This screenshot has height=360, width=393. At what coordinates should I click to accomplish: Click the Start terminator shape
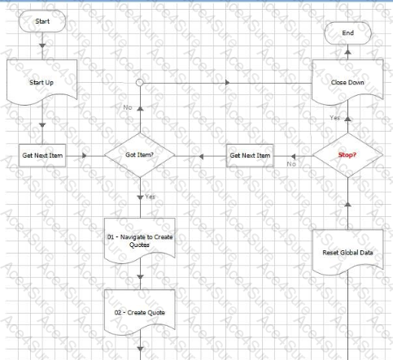(x=42, y=21)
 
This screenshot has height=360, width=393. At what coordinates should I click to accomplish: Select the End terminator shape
(x=347, y=33)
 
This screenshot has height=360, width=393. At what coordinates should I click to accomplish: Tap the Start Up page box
(x=42, y=82)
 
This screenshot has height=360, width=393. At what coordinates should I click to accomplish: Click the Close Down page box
(x=347, y=82)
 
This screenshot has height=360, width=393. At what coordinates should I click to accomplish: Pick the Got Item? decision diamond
(x=140, y=155)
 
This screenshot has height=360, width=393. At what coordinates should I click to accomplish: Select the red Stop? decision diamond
(x=347, y=155)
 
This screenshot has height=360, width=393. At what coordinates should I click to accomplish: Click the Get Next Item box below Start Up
(x=42, y=155)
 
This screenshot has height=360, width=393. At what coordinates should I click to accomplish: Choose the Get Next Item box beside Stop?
(x=250, y=155)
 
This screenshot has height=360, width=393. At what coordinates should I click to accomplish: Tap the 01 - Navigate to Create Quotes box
(x=140, y=241)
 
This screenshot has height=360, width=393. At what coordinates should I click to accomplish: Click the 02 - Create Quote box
(x=140, y=312)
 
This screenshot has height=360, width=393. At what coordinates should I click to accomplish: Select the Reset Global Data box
(x=347, y=253)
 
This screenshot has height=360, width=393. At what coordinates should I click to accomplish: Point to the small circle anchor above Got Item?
(x=140, y=82)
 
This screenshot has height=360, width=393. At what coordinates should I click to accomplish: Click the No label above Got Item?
(x=128, y=107)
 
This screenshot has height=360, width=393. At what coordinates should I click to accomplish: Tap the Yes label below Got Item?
(x=150, y=197)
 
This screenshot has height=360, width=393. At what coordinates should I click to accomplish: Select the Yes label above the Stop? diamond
(x=335, y=118)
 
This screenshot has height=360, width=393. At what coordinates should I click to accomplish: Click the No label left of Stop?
(x=291, y=164)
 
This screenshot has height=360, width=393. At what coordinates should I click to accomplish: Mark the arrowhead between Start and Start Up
(x=42, y=46)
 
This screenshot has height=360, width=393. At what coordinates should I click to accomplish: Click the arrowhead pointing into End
(x=347, y=52)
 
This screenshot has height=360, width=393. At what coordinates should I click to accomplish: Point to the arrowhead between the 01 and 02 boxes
(x=140, y=277)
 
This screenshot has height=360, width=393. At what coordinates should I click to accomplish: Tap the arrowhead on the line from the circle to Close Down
(x=228, y=82)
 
